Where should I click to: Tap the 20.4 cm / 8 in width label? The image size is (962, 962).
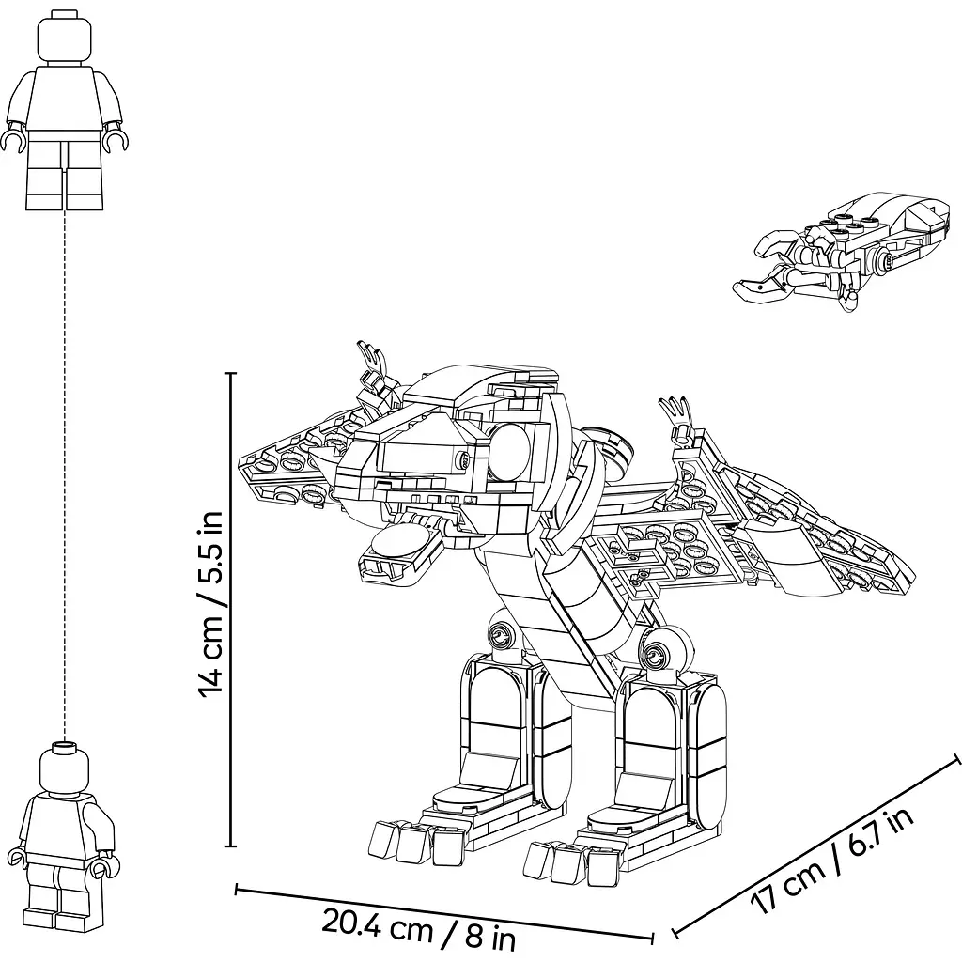pyautogui.click(x=418, y=932)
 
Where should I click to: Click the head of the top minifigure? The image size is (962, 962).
pyautogui.click(x=65, y=38)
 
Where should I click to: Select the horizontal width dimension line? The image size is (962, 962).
pyautogui.click(x=444, y=912)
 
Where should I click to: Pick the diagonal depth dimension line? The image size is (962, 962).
pyautogui.click(x=816, y=846)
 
